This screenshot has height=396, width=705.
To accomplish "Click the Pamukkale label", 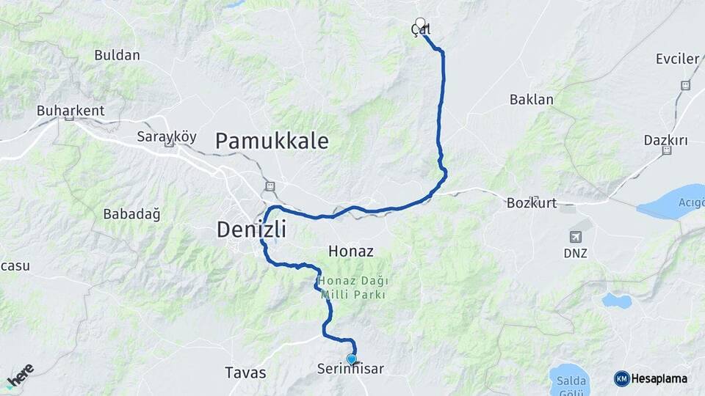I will coord(272,141).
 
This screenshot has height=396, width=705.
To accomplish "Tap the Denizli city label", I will coord(251,230).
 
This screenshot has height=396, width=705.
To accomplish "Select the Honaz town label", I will coord(351,252).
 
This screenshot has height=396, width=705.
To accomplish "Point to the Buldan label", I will coord(117,55).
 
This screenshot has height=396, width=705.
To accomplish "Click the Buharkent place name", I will coord(70,111).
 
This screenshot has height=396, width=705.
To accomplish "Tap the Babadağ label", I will coord(131,214).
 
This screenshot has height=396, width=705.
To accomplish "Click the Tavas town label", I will coord(246,373).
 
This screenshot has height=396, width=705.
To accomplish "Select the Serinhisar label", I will coord(351,370).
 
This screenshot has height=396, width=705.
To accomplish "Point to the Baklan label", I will coord(531,100).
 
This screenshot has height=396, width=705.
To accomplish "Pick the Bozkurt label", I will coord(532,203).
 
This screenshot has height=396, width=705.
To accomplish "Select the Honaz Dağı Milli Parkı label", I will coord(352,287).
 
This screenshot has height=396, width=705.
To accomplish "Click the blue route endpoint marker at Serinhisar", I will coord(352,359).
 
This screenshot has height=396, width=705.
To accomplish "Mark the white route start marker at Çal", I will coord(420,23).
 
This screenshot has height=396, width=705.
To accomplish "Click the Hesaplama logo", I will coord(651,378).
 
